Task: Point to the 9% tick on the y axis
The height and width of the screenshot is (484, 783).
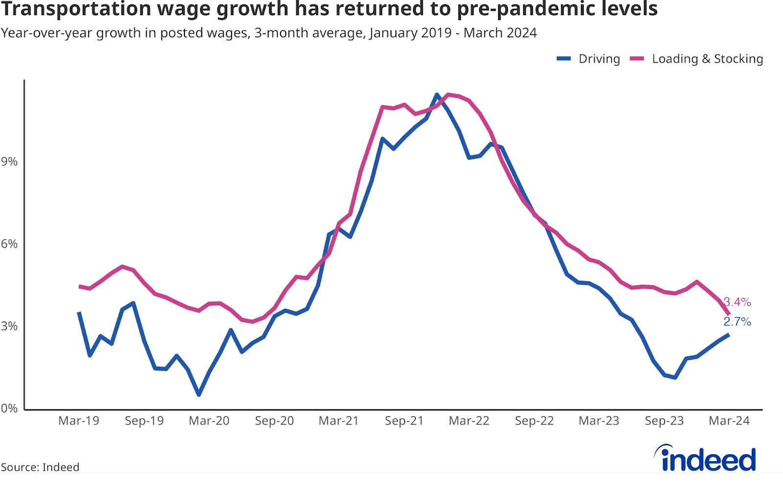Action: (9, 161)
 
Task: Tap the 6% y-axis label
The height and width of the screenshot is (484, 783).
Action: (9, 244)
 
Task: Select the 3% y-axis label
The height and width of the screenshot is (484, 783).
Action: (9, 326)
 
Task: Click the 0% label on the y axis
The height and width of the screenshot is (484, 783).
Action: (9, 408)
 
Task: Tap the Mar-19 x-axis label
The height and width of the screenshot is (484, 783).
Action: (79, 421)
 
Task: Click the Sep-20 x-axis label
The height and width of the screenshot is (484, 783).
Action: (274, 421)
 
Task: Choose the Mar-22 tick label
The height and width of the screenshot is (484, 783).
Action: (469, 421)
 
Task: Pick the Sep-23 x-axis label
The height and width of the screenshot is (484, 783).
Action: (664, 421)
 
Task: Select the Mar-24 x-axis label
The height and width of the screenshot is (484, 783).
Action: (729, 421)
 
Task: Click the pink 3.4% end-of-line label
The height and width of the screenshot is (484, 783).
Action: (737, 302)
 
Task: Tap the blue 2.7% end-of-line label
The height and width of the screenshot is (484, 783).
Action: (737, 322)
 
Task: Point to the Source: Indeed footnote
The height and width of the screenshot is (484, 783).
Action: (40, 467)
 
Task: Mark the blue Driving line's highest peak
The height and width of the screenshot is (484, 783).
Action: (437, 94)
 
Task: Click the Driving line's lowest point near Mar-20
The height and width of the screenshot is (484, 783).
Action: (199, 394)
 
